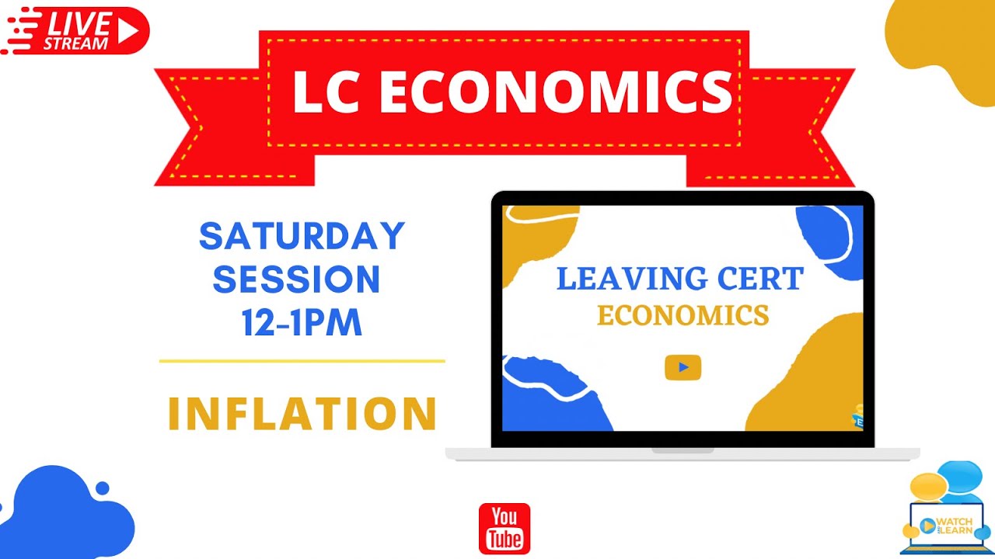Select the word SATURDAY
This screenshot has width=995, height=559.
pos(302,237)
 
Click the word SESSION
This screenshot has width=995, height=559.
pos(296,279)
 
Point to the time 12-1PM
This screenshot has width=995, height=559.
pos(302,323)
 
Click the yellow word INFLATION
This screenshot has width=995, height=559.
pos(302,414)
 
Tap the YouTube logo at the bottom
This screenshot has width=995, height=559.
pos(504,528)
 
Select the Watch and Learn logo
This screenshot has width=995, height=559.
pos(947,512)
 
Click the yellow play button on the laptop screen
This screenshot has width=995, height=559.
pos(683,367)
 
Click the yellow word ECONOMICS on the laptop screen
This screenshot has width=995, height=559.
pos(683,316)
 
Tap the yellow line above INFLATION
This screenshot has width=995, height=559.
pos(302,361)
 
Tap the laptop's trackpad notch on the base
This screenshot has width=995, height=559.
pos(683,450)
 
